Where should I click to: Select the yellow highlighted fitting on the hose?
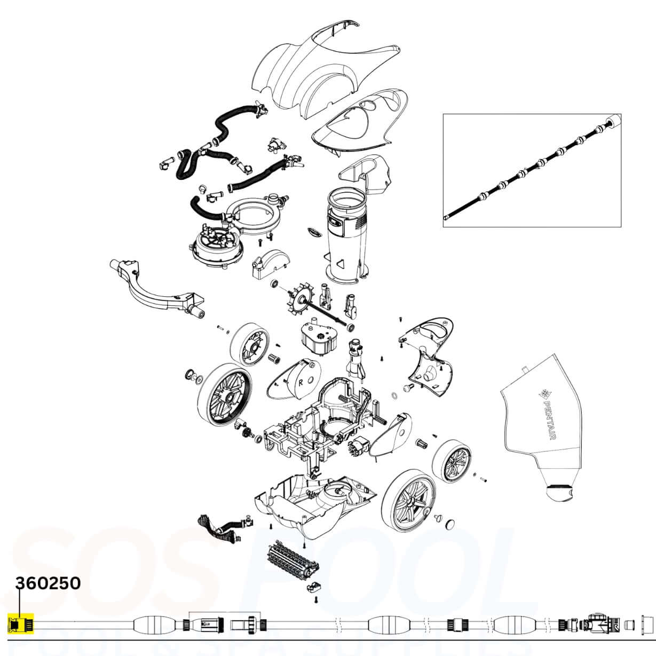(x=20, y=623)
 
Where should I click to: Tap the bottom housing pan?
(x=310, y=504)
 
